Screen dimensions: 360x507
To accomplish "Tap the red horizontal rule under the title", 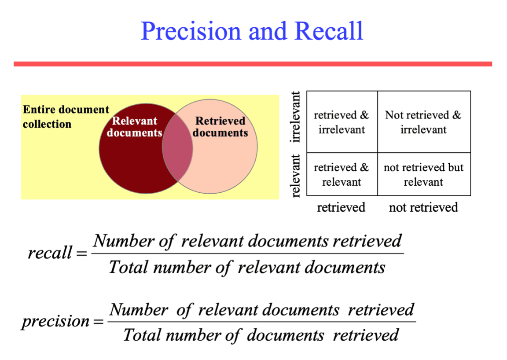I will tap(253, 64).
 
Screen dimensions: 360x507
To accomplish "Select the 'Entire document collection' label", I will tap(66, 117).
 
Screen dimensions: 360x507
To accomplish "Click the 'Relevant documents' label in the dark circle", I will tap(134, 127).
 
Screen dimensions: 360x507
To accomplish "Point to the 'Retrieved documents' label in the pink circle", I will tap(220, 127).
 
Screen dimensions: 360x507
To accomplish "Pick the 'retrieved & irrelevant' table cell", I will tap(342, 122).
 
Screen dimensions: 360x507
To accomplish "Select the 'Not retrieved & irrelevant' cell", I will tap(423, 122).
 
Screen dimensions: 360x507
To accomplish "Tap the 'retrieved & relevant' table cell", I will tap(342, 175).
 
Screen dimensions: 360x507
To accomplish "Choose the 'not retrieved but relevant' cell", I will tap(423, 175).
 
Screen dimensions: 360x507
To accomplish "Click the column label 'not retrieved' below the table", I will tap(423, 207).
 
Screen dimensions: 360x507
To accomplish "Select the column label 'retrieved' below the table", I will tap(341, 207).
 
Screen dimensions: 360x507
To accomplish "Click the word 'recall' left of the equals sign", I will tap(49, 253).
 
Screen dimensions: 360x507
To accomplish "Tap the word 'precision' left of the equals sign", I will tap(55, 321).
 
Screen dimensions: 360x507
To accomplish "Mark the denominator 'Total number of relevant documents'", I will tap(247, 267).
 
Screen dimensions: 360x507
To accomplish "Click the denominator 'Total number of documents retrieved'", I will tap(261, 335).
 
